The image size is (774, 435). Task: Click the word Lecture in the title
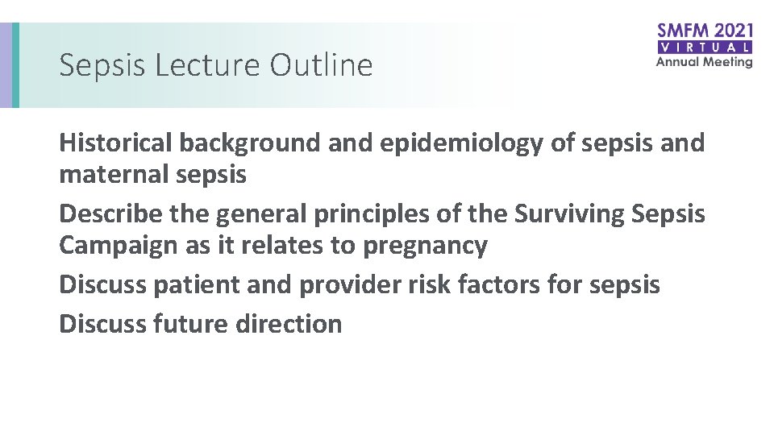point(208,65)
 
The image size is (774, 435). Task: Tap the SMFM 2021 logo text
point(705,31)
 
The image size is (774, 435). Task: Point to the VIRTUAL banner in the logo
point(705,48)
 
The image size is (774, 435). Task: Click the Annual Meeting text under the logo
point(705,62)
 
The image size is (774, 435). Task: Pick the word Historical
point(116,143)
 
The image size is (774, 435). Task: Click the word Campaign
point(119,245)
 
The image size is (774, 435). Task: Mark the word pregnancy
point(426,246)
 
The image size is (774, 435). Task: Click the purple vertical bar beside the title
point(6,65)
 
